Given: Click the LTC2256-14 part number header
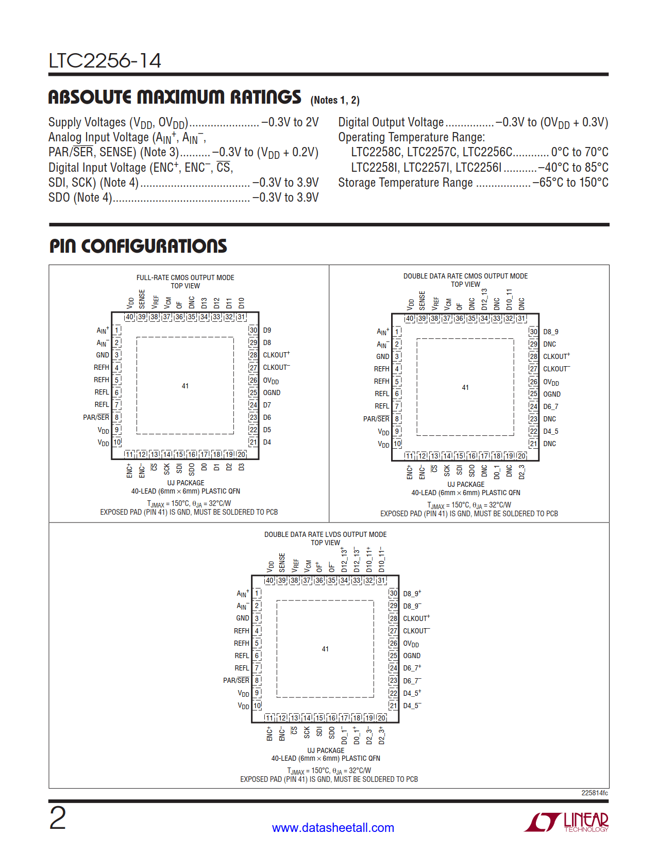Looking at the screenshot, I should coord(105,61).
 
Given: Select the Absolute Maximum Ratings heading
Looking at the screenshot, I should coord(175,97).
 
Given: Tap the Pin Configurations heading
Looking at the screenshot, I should coord(138,246).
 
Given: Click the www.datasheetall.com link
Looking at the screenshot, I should coord(333,828).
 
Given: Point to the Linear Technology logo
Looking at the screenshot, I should coord(566,822).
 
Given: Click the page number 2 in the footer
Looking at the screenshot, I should coord(58,819).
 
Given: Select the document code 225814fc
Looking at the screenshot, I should coord(594,793).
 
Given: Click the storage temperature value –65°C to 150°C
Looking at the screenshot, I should coord(570,183).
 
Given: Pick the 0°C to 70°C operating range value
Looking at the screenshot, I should coord(580,152).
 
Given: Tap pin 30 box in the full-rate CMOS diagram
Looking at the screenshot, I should coord(253,330).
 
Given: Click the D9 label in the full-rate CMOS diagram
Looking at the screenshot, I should coord(267,330).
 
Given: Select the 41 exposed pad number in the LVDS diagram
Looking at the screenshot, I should coord(325,649).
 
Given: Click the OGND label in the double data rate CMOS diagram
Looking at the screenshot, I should coord(551,394).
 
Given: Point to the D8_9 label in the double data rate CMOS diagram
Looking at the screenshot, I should coord(550,332).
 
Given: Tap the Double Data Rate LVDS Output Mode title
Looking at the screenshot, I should coord(325,534).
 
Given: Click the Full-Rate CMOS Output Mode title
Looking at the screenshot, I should coord(185,277).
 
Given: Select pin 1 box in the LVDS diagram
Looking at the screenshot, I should coord(257,594).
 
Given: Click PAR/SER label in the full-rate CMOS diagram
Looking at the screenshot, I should coord(96,417).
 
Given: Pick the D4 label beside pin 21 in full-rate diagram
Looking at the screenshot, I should coord(267,442).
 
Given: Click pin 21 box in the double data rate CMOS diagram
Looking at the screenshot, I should coord(533,444).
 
